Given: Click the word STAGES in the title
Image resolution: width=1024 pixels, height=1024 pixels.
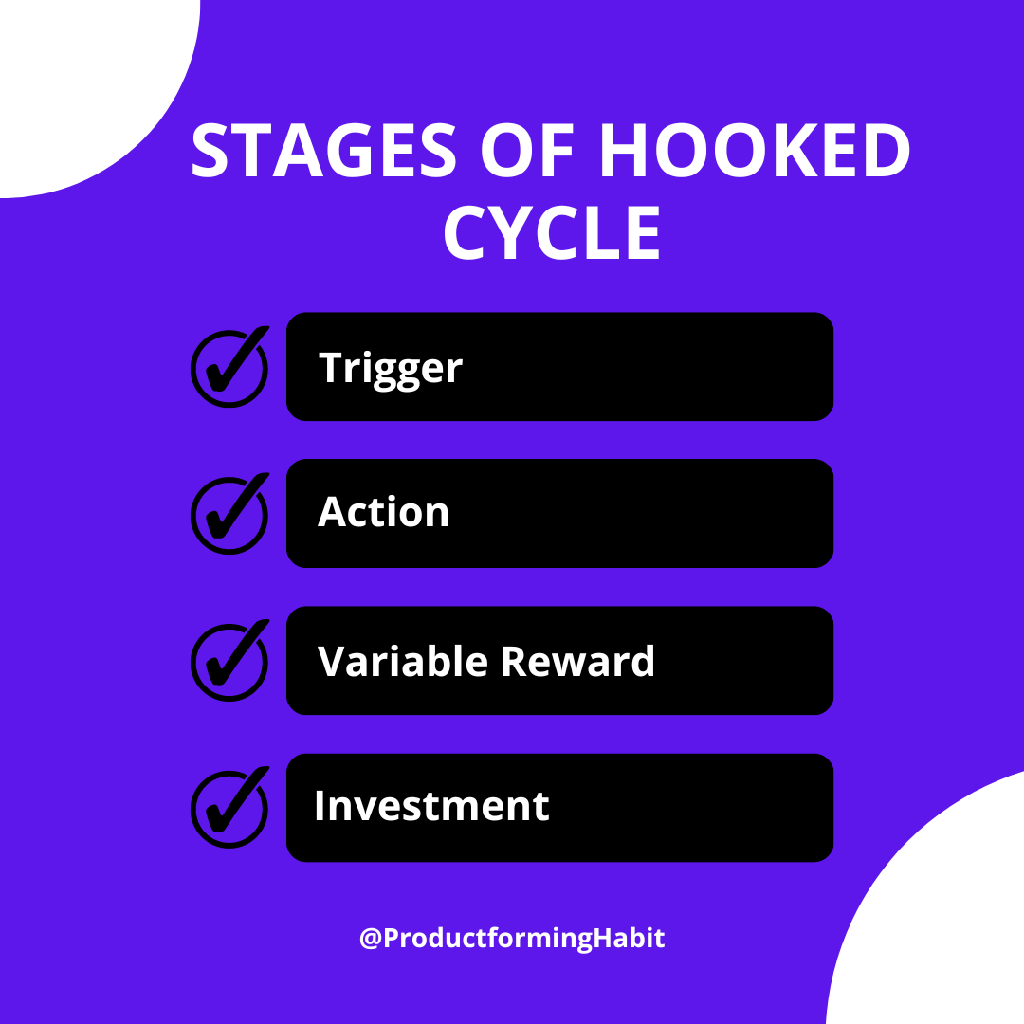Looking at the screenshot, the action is (x=323, y=150).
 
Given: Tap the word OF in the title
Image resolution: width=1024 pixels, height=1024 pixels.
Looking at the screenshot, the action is (x=527, y=150).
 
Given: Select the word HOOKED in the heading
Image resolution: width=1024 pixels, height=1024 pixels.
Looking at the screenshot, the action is (x=755, y=150).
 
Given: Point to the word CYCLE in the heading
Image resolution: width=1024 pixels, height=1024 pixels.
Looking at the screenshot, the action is (x=553, y=232).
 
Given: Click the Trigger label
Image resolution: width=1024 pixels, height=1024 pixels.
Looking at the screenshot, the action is (x=391, y=369).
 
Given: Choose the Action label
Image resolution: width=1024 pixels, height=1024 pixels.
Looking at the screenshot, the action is (x=383, y=512).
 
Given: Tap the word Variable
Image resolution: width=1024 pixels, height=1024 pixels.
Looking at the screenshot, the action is (x=403, y=661).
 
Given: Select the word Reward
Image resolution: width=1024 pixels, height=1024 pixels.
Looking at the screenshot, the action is (x=578, y=661).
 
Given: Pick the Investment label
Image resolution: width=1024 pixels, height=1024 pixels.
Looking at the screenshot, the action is (x=431, y=806).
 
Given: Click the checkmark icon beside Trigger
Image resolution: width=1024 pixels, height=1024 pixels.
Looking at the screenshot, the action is (x=229, y=367).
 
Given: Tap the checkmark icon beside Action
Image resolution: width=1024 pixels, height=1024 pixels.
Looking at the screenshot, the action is (x=229, y=514).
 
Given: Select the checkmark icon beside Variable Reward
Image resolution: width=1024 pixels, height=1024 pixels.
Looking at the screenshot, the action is (x=229, y=661).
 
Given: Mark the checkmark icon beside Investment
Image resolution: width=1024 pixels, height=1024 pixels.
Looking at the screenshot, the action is (x=229, y=808).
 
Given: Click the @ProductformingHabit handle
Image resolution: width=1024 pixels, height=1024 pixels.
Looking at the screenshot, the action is (x=512, y=939).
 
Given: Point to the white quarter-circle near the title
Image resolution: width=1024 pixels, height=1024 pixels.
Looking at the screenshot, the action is (x=85, y=85).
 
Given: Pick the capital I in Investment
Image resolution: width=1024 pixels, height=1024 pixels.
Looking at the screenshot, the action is (x=320, y=805).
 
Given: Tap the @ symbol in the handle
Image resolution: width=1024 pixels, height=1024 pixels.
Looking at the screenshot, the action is (x=371, y=939).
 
